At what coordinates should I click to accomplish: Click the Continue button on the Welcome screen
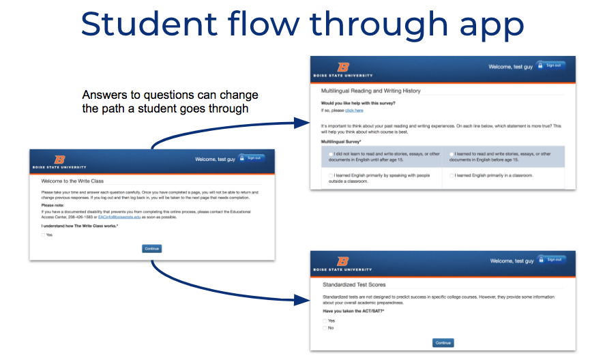(151, 249)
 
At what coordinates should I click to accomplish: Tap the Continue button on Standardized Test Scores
(443, 343)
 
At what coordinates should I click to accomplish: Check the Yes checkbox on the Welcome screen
(43, 235)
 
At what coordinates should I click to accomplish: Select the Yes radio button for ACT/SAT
(325, 320)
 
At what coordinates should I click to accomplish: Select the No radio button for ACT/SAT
(325, 328)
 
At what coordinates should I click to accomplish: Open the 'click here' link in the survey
(354, 110)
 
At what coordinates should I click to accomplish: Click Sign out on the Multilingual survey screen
(550, 65)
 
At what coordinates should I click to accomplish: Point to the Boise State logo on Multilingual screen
(343, 67)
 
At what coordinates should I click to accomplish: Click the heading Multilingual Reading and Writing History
(370, 91)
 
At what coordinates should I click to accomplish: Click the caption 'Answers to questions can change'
(170, 95)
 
